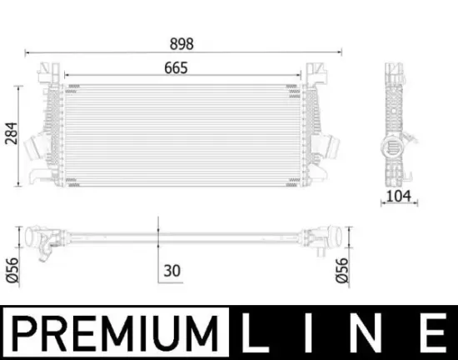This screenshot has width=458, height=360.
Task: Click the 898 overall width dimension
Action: tap(182, 44)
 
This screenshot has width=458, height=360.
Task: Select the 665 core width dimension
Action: tap(176, 68)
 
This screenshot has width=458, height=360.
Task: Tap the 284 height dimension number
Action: tap(12, 133)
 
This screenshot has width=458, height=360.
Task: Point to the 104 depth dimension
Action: tap(398, 196)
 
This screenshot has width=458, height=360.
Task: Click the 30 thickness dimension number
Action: tap(172, 271)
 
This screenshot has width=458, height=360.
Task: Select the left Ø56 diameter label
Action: tap(12, 270)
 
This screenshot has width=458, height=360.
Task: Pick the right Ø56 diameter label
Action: tap(342, 270)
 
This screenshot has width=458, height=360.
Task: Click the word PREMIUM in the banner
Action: tap(115, 333)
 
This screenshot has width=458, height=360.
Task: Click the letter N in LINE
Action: tap(368, 332)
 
